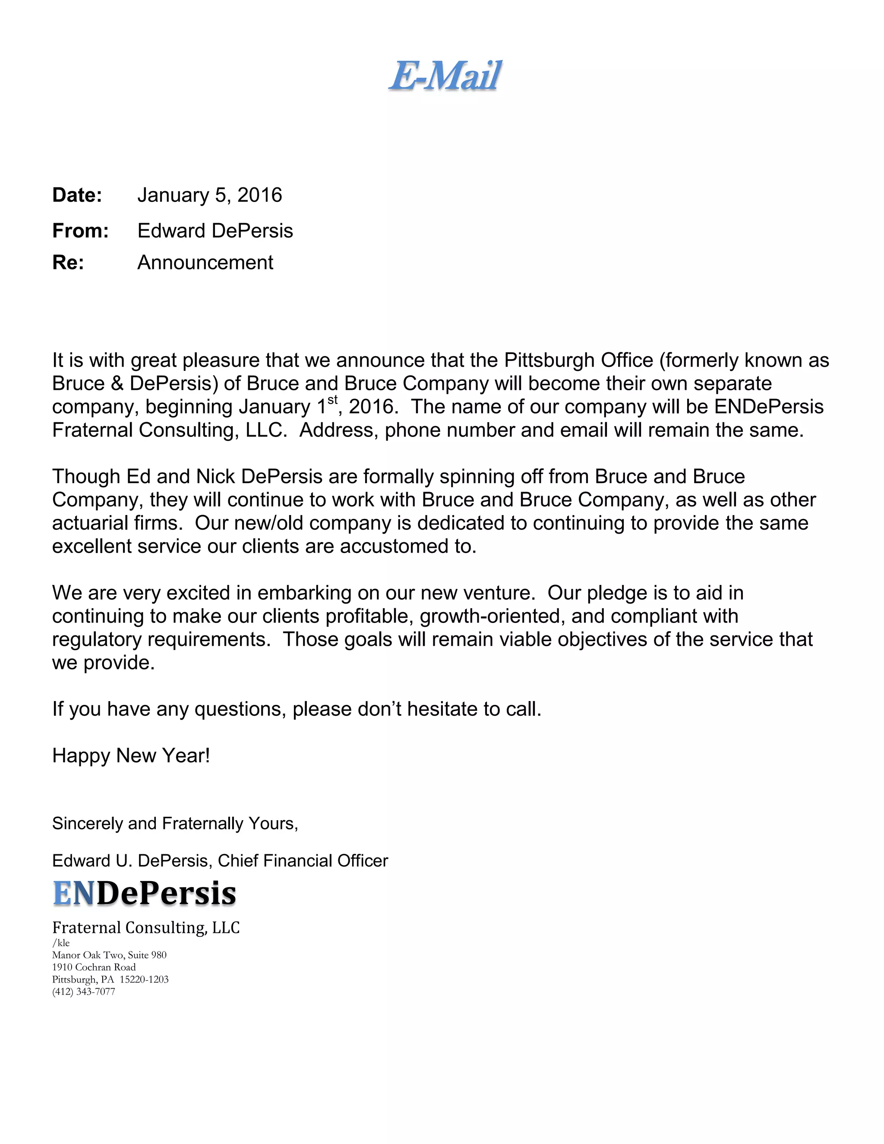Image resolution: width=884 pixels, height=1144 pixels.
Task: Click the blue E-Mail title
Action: coord(445,76)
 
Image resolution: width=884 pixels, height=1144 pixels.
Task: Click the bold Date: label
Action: coord(77,196)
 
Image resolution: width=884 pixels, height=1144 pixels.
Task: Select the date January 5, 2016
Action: coord(209,196)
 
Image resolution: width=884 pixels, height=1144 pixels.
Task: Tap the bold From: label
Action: coord(80,231)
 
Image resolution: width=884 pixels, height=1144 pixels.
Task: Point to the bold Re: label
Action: coord(68,262)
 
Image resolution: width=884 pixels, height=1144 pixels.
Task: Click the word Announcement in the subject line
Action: coord(205,262)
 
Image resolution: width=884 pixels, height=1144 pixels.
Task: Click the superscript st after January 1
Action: coord(332,401)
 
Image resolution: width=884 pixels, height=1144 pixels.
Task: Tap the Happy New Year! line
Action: coord(131,756)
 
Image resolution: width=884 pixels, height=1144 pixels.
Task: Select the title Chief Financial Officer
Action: coord(303,861)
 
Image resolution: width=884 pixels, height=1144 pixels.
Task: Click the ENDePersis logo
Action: coord(145,894)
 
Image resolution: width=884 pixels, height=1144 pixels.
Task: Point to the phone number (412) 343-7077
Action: coord(84,992)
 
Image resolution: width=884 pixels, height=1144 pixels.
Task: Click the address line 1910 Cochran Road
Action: coord(94,967)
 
